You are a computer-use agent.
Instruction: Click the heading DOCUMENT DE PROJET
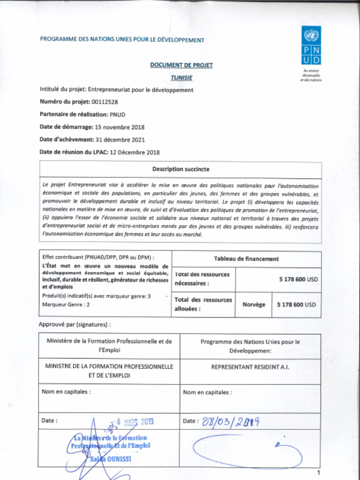point(181,65)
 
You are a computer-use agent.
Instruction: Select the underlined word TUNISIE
point(181,77)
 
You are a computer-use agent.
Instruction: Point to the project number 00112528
point(101,102)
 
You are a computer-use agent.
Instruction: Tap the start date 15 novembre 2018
point(120,127)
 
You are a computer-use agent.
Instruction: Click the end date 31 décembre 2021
point(120,140)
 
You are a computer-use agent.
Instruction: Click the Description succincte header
point(180,169)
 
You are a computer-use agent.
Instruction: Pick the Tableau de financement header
point(246,259)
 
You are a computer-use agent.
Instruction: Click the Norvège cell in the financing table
point(254,305)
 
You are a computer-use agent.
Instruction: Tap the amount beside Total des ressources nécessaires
point(298,279)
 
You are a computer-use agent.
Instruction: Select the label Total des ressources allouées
point(203,304)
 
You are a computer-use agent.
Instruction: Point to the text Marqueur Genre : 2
point(66,304)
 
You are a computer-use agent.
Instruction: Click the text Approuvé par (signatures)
point(75,324)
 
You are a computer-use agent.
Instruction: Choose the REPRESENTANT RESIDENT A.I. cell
point(250,367)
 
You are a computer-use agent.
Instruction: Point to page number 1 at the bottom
point(318,472)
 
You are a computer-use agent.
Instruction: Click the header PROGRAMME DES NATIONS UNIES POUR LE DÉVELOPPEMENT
point(122,40)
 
